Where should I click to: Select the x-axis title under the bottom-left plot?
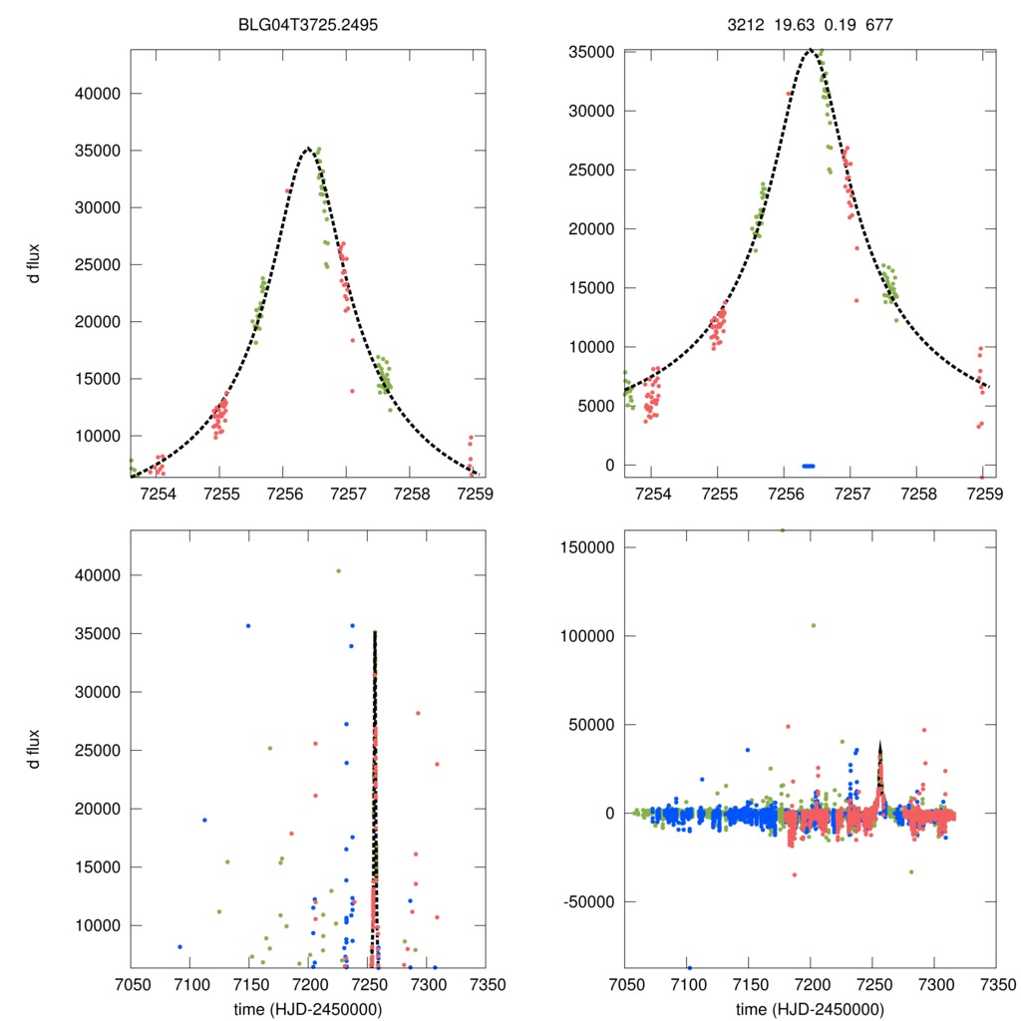308,1008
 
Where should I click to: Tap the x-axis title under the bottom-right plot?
811,1008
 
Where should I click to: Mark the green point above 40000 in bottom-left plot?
338,571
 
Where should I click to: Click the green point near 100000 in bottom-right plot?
814,625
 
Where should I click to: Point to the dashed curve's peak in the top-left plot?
308,149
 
